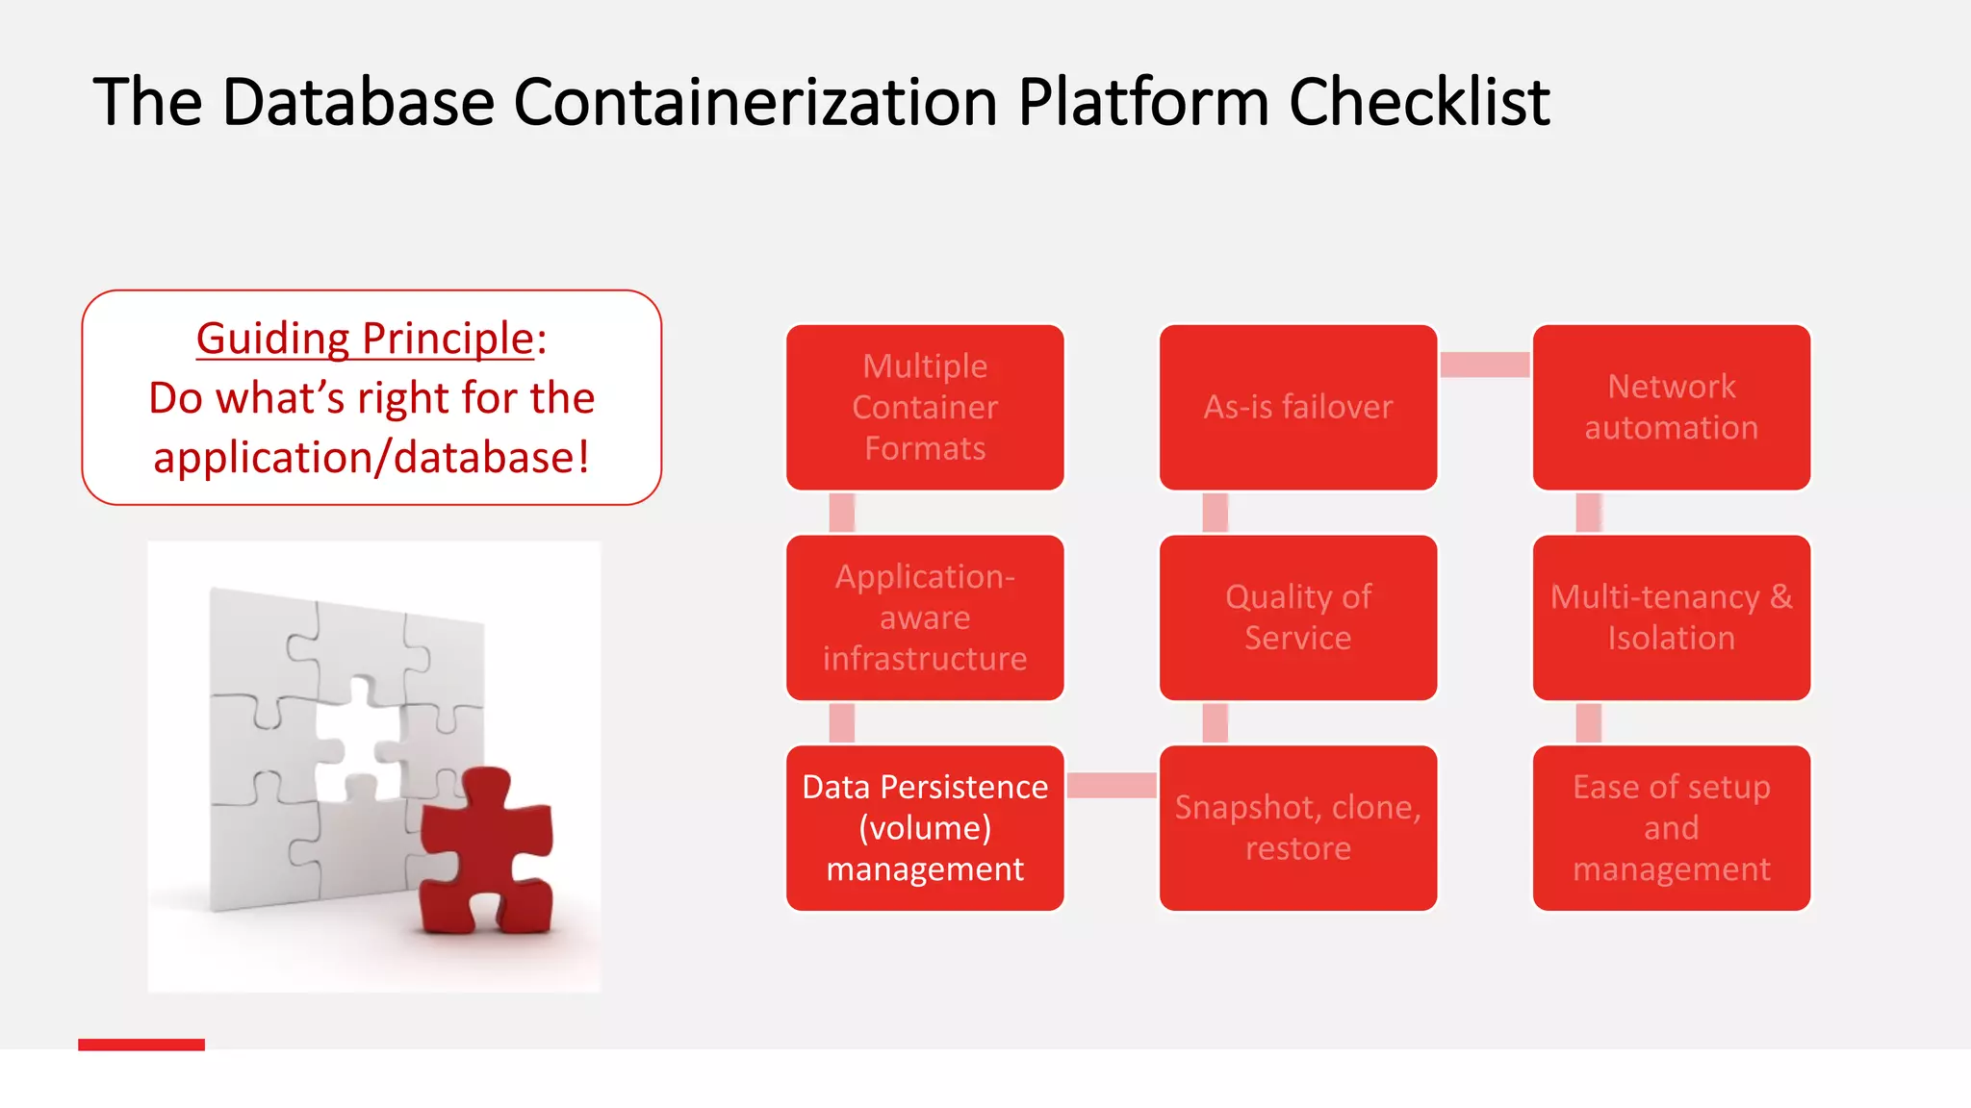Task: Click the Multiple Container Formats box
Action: [x=925, y=407]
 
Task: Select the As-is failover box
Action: [x=1297, y=407]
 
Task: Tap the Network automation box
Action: [x=1671, y=407]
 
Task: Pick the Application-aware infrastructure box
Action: [x=925, y=617]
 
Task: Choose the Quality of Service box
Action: [x=1297, y=617]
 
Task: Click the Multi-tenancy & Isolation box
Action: [x=1671, y=617]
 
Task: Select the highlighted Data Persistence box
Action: [x=925, y=828]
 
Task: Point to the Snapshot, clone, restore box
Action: [x=1297, y=828]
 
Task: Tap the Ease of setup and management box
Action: [x=1671, y=828]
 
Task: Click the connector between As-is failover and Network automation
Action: [x=1484, y=365]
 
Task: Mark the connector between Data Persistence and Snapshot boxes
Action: [x=1112, y=785]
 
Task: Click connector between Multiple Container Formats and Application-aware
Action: [x=842, y=513]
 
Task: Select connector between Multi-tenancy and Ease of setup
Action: [x=1588, y=723]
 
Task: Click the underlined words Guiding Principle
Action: [x=365, y=339]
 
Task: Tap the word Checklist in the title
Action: [x=1419, y=102]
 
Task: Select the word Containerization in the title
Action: [x=755, y=102]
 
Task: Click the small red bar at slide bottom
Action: [x=141, y=1045]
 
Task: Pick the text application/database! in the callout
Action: [x=371, y=458]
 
